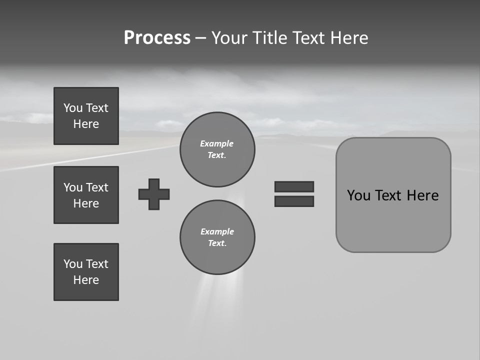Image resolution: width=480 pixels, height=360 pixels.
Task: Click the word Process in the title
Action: point(157,38)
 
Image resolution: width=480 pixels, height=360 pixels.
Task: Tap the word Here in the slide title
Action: point(348,38)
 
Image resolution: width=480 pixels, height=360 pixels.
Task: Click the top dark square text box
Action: point(86,116)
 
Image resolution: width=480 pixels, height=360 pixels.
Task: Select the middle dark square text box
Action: point(86,195)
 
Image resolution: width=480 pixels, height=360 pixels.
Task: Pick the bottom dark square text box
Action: point(86,272)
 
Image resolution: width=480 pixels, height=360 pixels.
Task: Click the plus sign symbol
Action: point(154,194)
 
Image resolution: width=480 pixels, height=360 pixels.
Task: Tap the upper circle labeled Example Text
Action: point(217,149)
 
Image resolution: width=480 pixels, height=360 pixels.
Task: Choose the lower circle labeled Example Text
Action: point(217,237)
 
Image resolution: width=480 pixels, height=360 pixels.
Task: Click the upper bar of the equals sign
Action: point(294,186)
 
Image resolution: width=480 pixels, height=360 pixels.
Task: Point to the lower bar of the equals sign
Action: point(294,201)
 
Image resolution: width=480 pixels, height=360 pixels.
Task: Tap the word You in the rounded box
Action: point(358,195)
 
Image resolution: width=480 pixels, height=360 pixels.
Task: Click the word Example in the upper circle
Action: point(217,143)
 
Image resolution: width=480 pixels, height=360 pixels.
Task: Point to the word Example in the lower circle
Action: point(217,231)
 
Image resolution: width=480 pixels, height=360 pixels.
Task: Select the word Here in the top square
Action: point(86,124)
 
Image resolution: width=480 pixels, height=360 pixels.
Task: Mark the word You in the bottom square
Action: point(73,264)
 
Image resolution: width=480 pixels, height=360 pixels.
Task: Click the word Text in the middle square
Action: point(97,187)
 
